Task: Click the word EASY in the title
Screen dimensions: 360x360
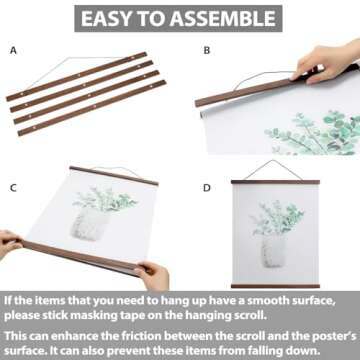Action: (x=111, y=18)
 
